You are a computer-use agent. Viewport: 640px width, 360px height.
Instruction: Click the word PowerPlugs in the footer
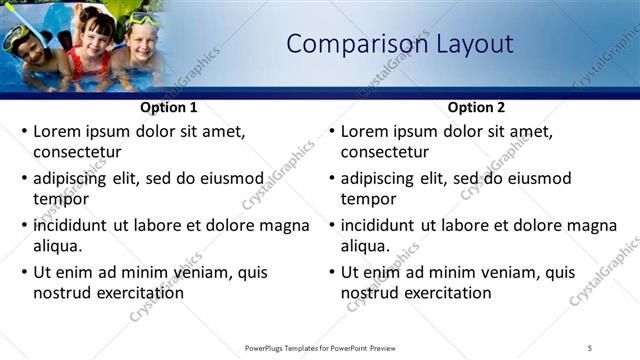point(267,347)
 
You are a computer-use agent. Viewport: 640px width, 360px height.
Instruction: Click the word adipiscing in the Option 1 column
point(76,178)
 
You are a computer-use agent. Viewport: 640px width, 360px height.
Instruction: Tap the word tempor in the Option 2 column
point(368,199)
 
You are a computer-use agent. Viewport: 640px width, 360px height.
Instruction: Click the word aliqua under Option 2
point(364,246)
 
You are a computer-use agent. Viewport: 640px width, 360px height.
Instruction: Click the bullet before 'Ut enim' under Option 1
point(24,272)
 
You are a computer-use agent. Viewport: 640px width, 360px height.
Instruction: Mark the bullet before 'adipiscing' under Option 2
point(331,178)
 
